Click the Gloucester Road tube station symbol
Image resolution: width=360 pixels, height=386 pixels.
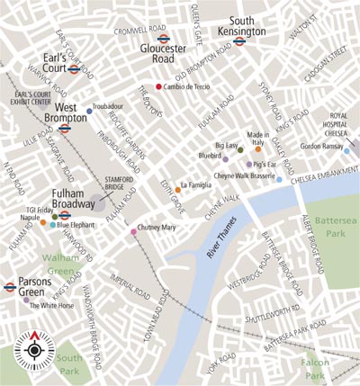163,40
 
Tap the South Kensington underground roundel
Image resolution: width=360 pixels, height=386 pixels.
239,40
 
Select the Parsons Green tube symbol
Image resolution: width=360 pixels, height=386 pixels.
9,288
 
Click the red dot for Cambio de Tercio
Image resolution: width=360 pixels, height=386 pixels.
159,86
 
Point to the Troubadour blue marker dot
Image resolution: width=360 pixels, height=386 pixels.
89,111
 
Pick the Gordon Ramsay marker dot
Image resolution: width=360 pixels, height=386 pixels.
346,150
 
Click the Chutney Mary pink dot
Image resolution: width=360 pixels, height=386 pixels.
134,232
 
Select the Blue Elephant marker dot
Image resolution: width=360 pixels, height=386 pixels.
51,224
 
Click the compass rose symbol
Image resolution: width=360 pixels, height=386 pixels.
35,348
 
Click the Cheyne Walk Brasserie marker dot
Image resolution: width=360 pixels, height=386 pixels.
279,180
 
